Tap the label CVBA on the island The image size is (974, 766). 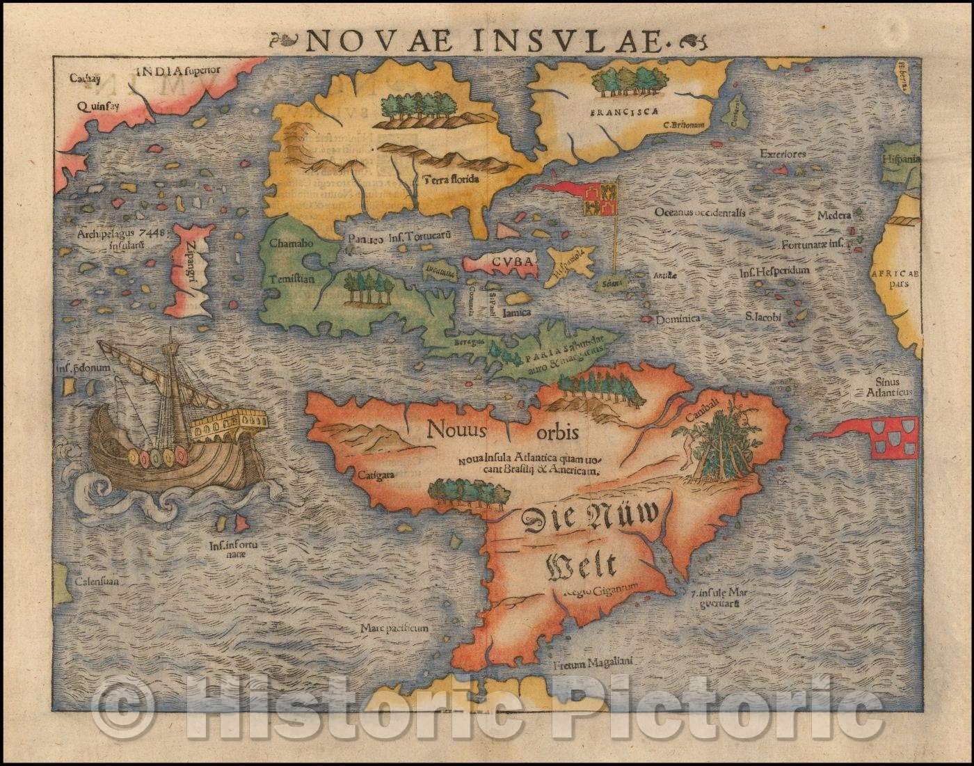coord(511,262)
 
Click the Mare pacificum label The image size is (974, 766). coord(394,628)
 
